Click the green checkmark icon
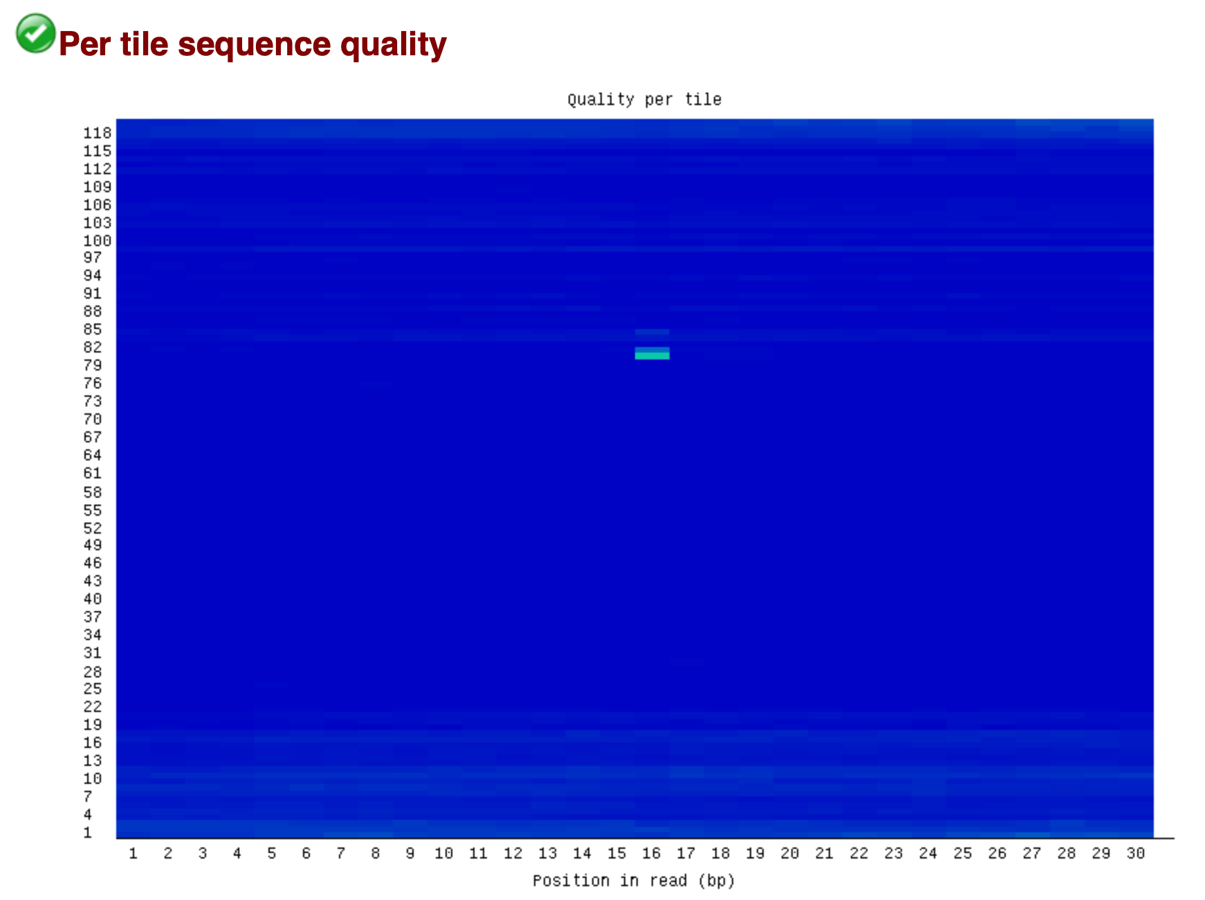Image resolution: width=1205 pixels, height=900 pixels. click(35, 33)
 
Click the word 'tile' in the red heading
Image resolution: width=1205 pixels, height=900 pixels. click(144, 44)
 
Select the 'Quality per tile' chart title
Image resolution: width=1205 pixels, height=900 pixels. click(644, 100)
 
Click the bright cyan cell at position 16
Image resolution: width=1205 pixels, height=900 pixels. click(652, 355)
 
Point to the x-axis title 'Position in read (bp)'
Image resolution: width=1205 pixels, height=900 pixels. click(633, 880)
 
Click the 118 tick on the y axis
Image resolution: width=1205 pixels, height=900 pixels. click(97, 133)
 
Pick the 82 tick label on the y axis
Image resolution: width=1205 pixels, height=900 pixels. click(93, 347)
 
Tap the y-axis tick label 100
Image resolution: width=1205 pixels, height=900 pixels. click(97, 241)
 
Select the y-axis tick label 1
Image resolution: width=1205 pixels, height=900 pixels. click(88, 832)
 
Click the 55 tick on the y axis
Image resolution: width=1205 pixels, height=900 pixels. click(93, 510)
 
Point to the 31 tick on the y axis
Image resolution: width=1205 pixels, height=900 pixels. click(93, 653)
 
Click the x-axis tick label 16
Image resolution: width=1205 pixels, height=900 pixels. click(651, 853)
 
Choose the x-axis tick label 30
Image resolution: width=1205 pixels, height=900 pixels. click(1135, 853)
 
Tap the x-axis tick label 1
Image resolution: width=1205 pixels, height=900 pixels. click(133, 853)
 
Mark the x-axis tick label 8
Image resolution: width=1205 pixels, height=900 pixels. click(375, 853)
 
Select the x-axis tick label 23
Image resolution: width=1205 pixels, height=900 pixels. click(893, 853)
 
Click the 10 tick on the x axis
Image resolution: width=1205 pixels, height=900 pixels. click(443, 853)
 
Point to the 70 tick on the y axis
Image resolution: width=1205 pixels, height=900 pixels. click(93, 419)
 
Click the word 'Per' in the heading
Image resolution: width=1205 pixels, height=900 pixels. click(84, 44)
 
